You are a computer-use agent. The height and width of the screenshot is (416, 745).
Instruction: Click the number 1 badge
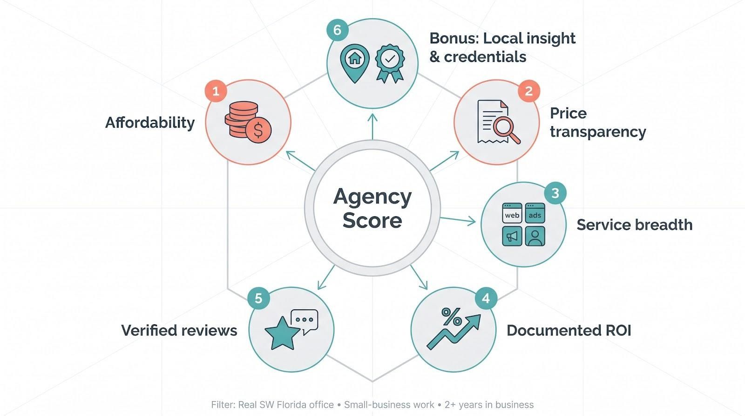[216, 91]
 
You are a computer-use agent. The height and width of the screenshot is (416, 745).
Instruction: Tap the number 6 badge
[337, 30]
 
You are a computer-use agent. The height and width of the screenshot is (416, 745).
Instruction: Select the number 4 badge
[486, 299]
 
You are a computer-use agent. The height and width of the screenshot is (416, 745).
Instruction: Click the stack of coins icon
[248, 122]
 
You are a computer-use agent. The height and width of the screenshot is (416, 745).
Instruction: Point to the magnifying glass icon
[506, 131]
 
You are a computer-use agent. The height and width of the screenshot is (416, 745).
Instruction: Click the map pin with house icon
[354, 63]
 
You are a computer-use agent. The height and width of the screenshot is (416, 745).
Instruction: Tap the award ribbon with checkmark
[390, 63]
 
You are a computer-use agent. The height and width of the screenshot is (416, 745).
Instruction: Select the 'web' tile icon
[512, 213]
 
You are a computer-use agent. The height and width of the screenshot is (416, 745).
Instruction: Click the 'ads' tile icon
[535, 213]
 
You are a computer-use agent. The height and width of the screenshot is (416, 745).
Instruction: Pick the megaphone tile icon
[512, 236]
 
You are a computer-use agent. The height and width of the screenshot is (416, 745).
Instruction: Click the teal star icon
[283, 334]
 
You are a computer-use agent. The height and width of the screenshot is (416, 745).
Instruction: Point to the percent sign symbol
[451, 316]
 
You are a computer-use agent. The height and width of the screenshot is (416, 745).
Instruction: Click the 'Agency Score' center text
[372, 208]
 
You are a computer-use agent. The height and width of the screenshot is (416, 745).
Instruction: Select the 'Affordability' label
[150, 123]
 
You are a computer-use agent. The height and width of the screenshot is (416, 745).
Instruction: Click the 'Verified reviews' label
[179, 330]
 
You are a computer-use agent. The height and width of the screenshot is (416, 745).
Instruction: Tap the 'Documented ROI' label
[569, 330]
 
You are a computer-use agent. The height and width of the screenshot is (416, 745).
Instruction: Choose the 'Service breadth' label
[635, 225]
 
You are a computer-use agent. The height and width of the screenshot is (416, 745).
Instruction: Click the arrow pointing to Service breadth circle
[458, 220]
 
